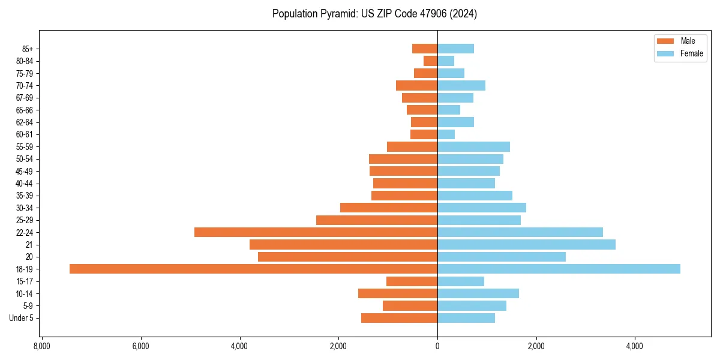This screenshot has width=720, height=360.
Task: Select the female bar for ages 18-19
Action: click(559, 269)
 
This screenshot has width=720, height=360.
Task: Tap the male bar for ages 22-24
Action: click(316, 232)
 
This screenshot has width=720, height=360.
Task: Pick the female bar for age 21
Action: click(526, 244)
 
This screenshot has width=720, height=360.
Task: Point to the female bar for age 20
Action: click(502, 257)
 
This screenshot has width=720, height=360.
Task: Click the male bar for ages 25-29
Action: click(377, 220)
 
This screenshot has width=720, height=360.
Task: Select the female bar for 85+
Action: click(455, 49)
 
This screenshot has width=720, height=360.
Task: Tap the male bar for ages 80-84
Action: click(430, 61)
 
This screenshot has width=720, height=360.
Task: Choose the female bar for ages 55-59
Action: click(473, 146)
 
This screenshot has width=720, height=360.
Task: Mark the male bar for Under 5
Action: click(399, 318)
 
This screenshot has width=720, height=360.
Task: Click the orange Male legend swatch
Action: click(665, 41)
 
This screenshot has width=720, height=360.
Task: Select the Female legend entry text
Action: click(691, 53)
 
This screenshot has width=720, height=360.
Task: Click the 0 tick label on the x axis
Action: click(437, 346)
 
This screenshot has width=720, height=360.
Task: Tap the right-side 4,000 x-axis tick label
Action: click(635, 346)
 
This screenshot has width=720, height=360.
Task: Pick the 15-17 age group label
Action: click(25, 281)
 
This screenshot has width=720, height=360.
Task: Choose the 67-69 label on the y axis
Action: click(25, 98)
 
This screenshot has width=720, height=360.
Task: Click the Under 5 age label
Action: click(21, 318)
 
